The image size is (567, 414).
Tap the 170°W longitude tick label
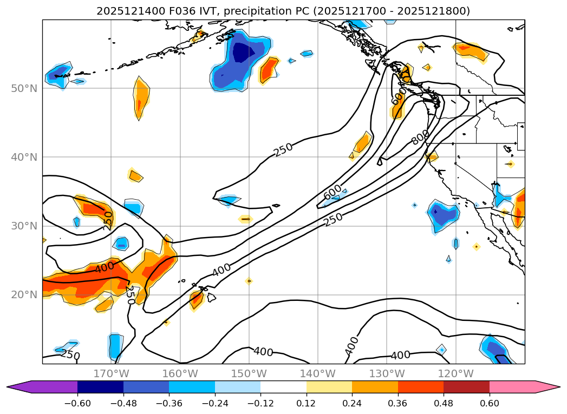(111, 373)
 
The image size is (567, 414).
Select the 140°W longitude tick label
(318, 373)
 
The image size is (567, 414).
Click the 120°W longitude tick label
(455, 373)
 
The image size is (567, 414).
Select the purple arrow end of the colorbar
(19, 387)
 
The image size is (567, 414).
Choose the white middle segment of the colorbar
(283, 387)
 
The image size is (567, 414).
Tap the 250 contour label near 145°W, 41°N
(283, 149)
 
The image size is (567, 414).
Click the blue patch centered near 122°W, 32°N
(444, 214)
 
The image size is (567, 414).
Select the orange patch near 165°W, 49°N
(141, 97)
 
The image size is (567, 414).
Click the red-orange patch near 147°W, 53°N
(269, 70)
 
